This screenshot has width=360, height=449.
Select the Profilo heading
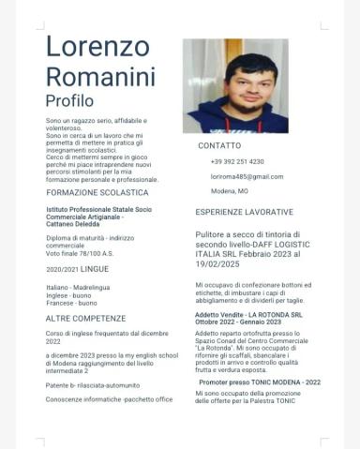coord(69,100)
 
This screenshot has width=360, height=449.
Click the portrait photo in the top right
coord(235,85)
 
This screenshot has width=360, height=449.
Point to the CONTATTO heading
coord(219,146)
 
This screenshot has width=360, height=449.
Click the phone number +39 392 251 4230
coord(237,161)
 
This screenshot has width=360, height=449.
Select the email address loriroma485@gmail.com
coord(247,176)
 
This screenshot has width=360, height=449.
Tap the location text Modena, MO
coord(230,191)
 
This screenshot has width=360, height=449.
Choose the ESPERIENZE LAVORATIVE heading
coord(244,212)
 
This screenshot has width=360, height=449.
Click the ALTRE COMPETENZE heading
coord(85,319)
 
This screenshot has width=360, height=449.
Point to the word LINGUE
coord(95,269)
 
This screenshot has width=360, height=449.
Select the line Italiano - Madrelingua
coord(78,287)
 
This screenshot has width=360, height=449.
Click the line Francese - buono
coord(71,303)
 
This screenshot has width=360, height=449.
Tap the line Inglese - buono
coord(69,295)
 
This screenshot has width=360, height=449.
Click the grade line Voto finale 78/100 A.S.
coord(80,253)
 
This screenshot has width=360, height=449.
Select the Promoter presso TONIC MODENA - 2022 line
coord(260,382)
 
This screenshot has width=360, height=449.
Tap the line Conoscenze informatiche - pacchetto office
coord(109,399)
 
